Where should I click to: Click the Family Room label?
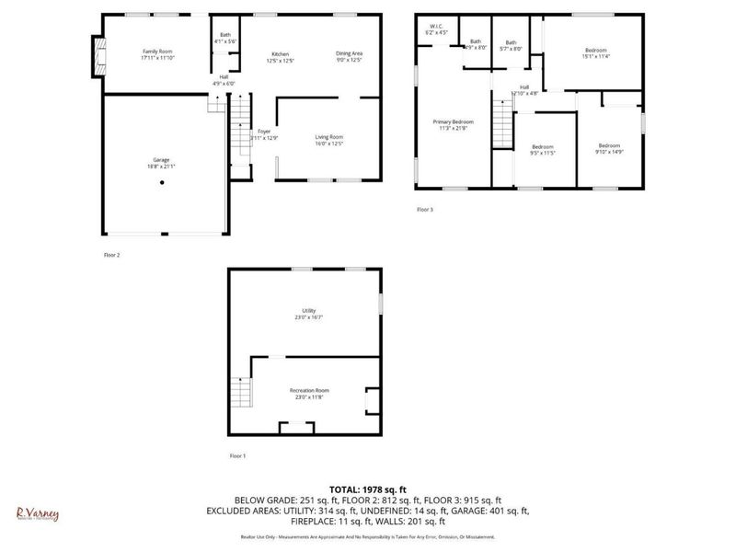(158, 54)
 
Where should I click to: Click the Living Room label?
(329, 138)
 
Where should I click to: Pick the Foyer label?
(264, 134)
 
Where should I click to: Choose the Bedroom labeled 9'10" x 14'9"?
(610, 148)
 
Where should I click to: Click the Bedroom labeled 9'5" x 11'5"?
(543, 150)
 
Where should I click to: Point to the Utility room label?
(308, 313)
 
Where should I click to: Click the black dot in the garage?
(161, 182)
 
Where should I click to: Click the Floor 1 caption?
(237, 455)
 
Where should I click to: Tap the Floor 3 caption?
(424, 210)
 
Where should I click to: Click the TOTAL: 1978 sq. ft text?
(368, 489)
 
